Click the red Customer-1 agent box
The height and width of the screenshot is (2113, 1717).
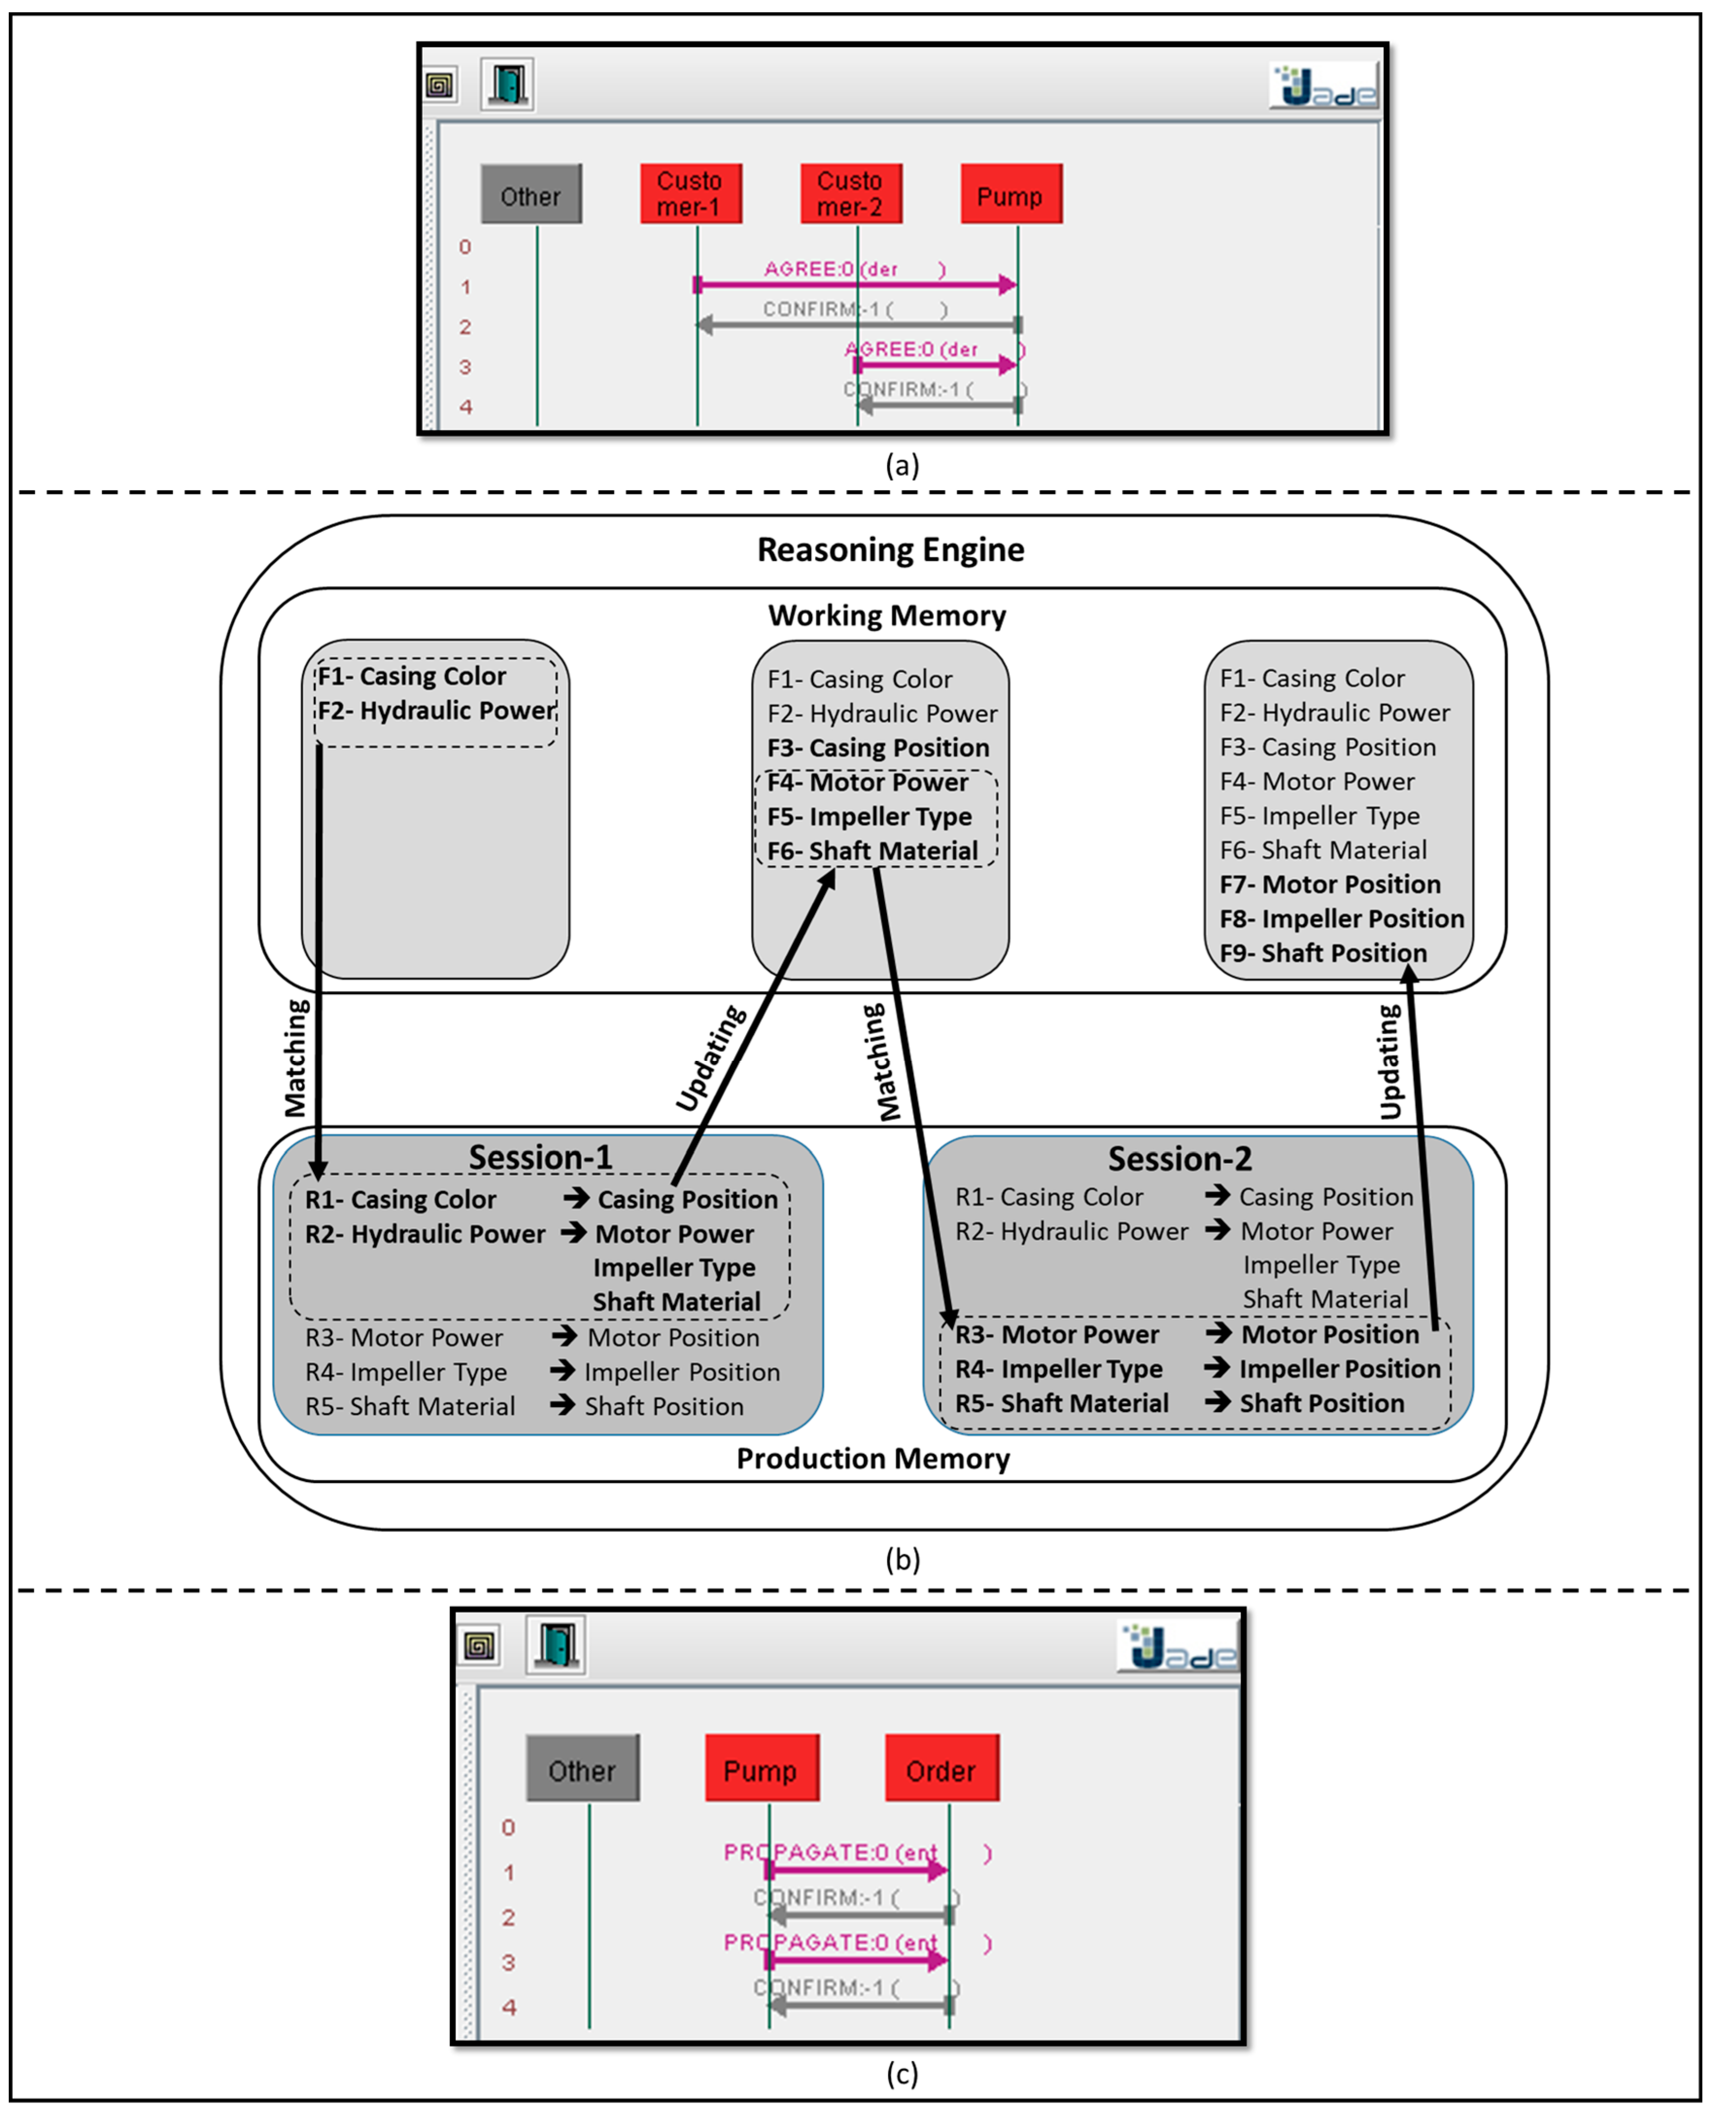click(690, 194)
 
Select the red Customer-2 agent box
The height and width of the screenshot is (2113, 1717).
click(850, 194)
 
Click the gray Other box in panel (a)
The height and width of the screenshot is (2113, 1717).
click(531, 195)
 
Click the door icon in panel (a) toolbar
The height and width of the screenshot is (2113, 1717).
click(508, 84)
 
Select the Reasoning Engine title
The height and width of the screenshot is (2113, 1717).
click(890, 550)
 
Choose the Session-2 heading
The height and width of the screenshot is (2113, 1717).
click(1179, 1159)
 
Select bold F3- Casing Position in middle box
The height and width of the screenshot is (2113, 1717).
click(877, 748)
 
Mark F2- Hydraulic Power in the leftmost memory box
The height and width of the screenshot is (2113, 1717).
click(436, 710)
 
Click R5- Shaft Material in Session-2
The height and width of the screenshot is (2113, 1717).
click(1061, 1403)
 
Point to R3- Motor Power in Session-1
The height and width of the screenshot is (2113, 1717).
click(404, 1337)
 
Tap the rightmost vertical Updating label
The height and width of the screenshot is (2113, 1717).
click(1390, 1061)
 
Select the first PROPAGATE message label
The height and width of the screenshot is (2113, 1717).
click(831, 1852)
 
